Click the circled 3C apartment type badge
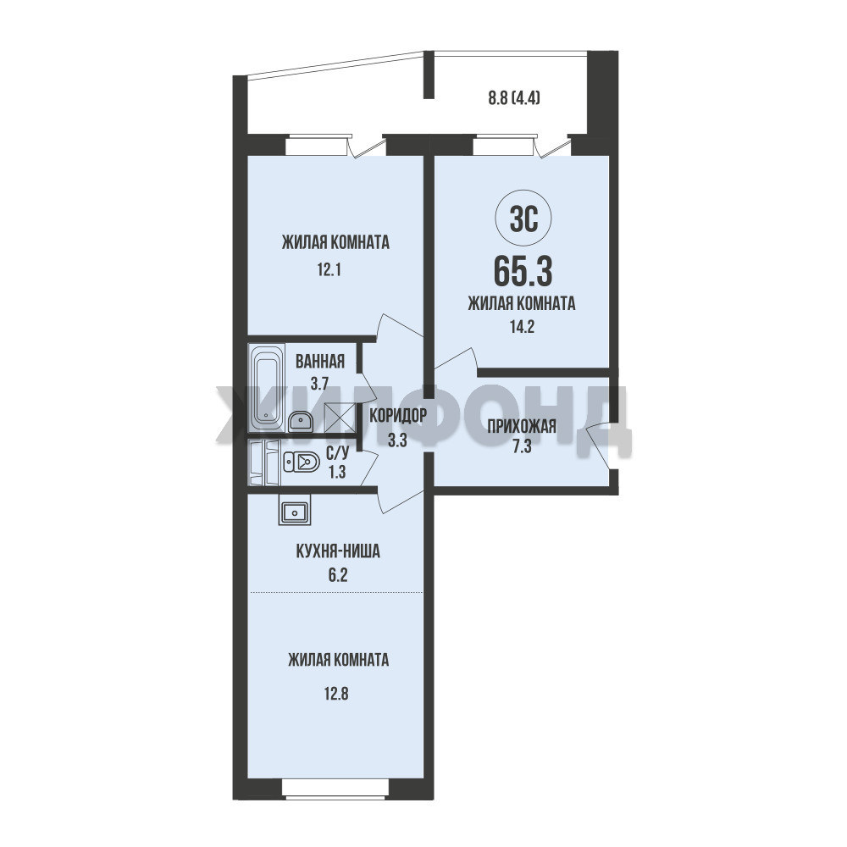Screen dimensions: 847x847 pos(523,220)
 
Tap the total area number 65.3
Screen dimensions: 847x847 pos(523,272)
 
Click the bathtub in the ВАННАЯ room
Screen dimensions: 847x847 pos(267,386)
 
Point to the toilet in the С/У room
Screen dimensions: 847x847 pos(302,462)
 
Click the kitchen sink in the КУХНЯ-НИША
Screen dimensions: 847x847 pos(295,511)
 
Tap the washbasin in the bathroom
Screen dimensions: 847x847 pos(301,421)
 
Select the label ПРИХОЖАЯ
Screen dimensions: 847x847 pos(521,426)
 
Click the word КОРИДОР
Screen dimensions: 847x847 pos(398,415)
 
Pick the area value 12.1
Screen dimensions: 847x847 pos(329,269)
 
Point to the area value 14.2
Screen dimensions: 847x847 pos(522,326)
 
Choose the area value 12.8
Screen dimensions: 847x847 pos(336,693)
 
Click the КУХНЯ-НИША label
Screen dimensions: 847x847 pos(338,551)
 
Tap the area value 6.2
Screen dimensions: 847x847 pos(338,575)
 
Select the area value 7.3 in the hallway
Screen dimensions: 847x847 pos(522,446)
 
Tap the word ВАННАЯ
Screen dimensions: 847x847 pos(320,362)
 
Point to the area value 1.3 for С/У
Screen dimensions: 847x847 pos(337,472)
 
